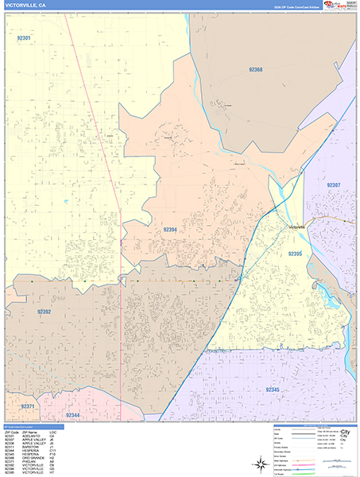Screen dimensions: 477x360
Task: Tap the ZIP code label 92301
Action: [x=24, y=38]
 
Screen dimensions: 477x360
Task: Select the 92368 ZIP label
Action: [x=254, y=70]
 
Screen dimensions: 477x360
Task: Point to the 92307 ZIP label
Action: [x=333, y=184]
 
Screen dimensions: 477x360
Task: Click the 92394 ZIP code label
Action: [x=171, y=229]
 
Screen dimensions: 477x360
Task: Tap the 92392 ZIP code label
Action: [x=44, y=312]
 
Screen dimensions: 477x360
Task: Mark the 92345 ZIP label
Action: [x=272, y=390]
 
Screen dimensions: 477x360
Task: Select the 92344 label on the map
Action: [x=73, y=415]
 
